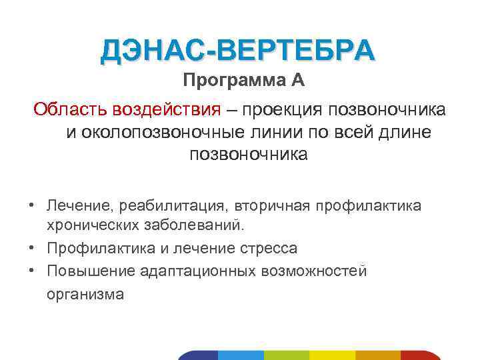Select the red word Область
(x=71, y=109)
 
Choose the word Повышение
(x=91, y=271)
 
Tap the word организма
(x=85, y=294)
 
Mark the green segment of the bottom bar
(x=287, y=355)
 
